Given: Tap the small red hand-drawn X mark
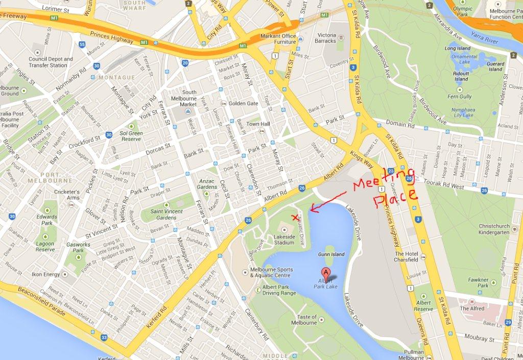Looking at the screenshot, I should coord(294,218).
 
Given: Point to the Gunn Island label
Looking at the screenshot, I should coord(331,254).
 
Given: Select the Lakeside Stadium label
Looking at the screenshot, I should coord(284,240).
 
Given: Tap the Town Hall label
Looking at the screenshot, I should coord(258,124).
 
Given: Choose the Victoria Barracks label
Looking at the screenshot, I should coord(326,38).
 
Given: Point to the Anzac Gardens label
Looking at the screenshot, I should coord(207,184).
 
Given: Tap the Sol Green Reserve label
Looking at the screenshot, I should coord(131,136).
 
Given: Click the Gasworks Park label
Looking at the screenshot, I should coord(78,248).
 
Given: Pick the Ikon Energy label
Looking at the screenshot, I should coord(45,274).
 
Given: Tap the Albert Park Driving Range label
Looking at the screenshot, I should coord(279,290).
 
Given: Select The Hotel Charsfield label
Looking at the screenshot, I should coord(406,256).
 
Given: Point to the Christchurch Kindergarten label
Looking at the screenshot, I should coord(494,229).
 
